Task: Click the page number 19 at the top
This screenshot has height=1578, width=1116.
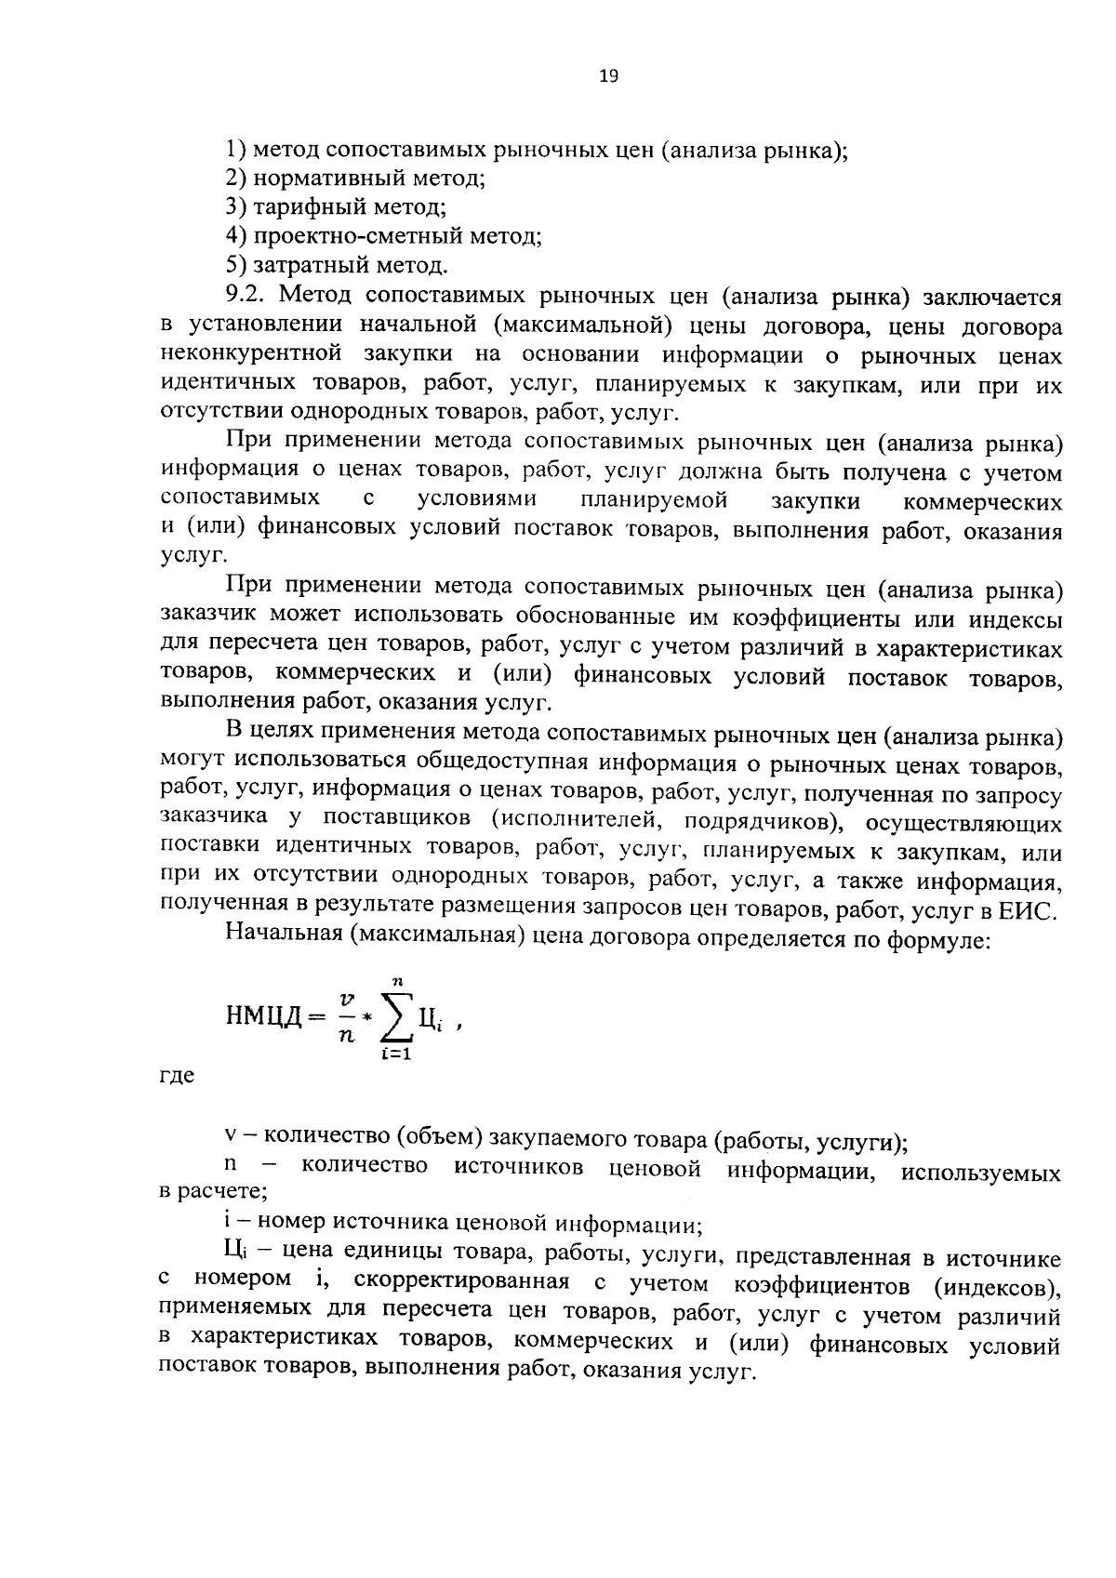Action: [x=608, y=76]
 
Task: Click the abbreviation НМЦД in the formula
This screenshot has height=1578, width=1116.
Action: [x=264, y=1015]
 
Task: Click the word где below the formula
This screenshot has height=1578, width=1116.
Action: [x=177, y=1076]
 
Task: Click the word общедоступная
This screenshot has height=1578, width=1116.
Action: [x=501, y=764]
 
